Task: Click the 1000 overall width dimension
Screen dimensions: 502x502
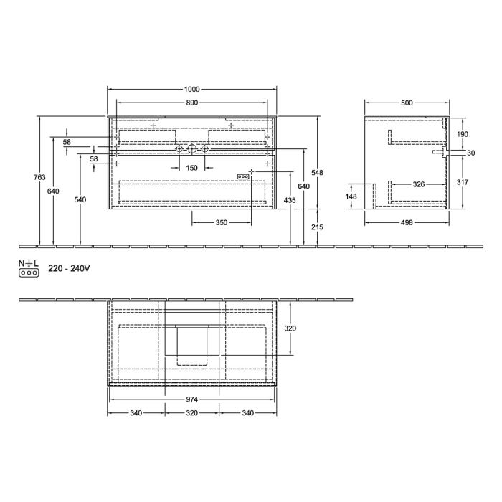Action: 191,90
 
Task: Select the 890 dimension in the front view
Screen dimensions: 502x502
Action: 191,103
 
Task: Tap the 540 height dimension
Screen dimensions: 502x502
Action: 80,199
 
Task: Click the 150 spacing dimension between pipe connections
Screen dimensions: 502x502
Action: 191,167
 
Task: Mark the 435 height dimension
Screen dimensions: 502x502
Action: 290,199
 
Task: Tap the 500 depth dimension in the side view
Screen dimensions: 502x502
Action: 407,103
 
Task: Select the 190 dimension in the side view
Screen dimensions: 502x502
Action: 463,135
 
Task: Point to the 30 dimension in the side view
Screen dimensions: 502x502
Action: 470,153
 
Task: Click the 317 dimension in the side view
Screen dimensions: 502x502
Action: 463,182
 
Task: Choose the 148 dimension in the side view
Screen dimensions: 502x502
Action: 351,196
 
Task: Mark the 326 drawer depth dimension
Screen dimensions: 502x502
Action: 419,184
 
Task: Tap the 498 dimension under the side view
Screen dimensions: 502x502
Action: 407,223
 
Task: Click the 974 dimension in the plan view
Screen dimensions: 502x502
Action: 191,399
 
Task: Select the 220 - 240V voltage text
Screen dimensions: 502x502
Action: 68,269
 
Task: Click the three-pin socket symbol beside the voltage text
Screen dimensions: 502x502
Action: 28,273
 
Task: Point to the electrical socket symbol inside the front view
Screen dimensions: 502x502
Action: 243,176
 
